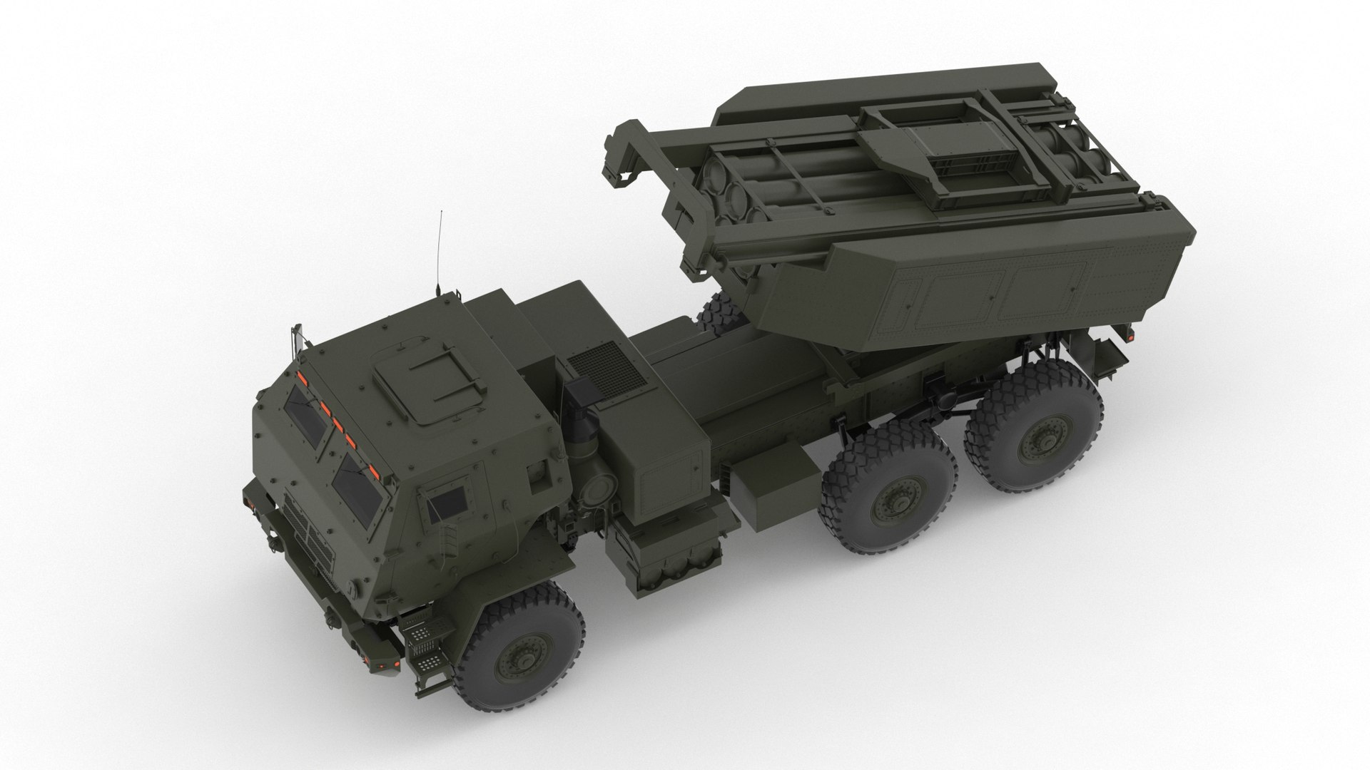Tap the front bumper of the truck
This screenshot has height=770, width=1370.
[x=314, y=613]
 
